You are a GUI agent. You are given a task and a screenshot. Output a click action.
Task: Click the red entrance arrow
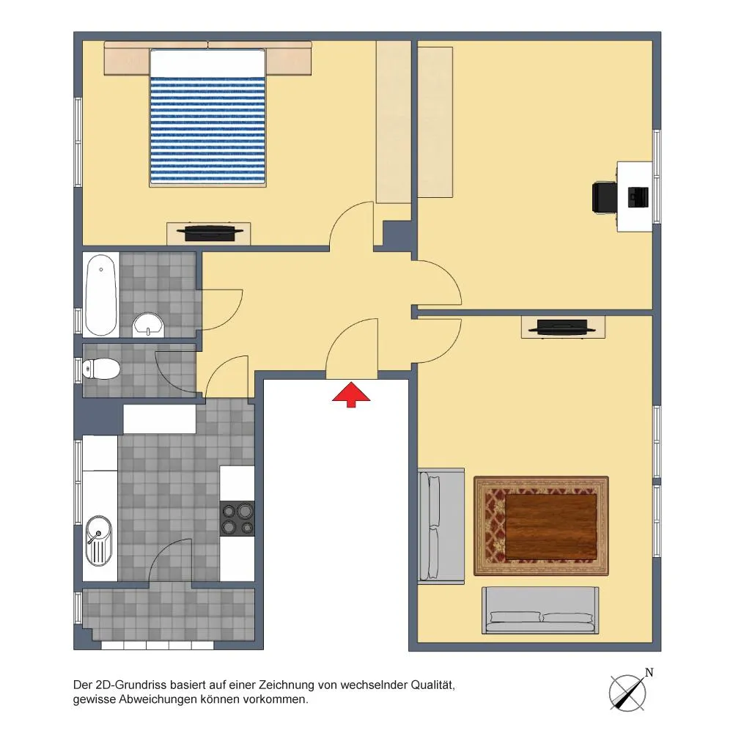(x=351, y=394)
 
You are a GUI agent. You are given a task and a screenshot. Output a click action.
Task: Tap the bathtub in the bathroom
(x=101, y=295)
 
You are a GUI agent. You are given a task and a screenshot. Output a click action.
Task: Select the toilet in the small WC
(x=101, y=369)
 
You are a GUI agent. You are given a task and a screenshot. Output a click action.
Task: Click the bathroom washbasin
(x=148, y=325)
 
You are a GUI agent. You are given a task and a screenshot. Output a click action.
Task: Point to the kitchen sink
(x=99, y=541)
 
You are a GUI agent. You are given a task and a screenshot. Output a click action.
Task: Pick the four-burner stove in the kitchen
(x=237, y=518)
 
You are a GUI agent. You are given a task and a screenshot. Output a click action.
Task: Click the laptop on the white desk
(x=638, y=196)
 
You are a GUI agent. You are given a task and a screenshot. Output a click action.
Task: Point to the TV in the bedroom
(x=209, y=233)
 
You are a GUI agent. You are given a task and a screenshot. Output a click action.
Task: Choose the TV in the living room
(x=562, y=327)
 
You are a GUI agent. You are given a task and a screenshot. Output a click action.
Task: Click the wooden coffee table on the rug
(x=551, y=526)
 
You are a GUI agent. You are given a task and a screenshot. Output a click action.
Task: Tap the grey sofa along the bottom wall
(x=540, y=610)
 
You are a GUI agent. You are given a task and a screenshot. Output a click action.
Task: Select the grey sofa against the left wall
(x=441, y=526)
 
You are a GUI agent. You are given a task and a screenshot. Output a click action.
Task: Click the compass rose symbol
(x=628, y=693)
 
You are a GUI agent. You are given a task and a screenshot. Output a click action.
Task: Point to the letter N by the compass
(x=649, y=673)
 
